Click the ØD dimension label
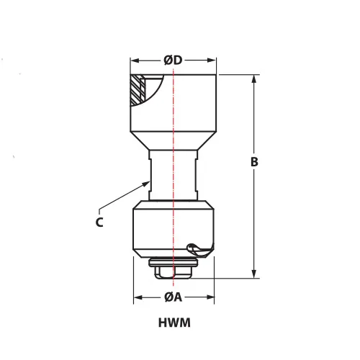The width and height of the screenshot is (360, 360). point(173,60)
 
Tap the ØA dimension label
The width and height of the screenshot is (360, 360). point(174,297)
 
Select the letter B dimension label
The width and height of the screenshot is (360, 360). point(254,162)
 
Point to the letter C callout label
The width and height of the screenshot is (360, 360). point(99,222)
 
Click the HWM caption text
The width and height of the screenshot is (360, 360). point(174,323)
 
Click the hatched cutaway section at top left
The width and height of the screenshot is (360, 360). point(138,90)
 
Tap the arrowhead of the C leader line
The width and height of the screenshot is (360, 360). point(145,184)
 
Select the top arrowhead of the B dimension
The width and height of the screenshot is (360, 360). point(254,79)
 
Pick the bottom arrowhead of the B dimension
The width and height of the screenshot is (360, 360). point(254,274)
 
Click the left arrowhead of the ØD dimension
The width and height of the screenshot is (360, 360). point(135,60)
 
